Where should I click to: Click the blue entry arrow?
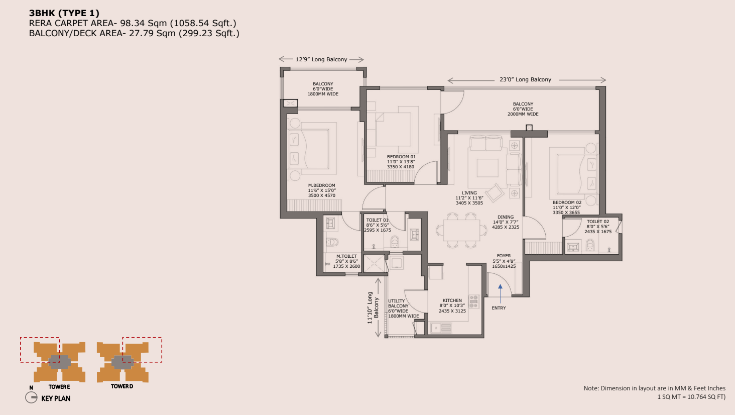(x=500, y=294)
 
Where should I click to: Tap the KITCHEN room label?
(x=452, y=300)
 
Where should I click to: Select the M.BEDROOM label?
(x=321, y=185)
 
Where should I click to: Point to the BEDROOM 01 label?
(x=401, y=157)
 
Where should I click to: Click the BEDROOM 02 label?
(x=567, y=202)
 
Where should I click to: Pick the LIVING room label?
(x=469, y=193)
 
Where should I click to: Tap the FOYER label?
(x=504, y=256)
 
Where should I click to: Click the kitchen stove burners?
(x=473, y=301)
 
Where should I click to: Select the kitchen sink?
(x=441, y=328)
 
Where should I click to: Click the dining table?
(x=461, y=230)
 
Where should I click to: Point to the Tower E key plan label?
(x=59, y=387)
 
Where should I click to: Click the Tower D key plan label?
(x=121, y=386)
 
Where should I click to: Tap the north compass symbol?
(x=31, y=397)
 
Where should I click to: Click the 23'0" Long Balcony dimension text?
(x=525, y=79)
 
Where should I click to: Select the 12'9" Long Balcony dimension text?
(x=321, y=59)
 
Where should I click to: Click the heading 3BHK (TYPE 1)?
(x=64, y=13)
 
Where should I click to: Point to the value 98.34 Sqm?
(x=144, y=23)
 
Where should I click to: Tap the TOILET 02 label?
(x=598, y=222)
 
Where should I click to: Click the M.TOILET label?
(x=346, y=256)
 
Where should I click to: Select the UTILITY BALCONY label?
(x=398, y=303)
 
